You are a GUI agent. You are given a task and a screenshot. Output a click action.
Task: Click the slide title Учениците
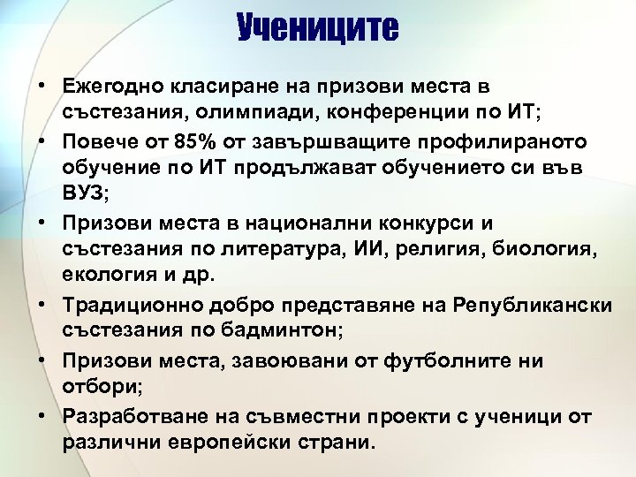(317, 29)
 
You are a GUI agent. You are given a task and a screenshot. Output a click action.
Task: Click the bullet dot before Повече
(42, 143)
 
